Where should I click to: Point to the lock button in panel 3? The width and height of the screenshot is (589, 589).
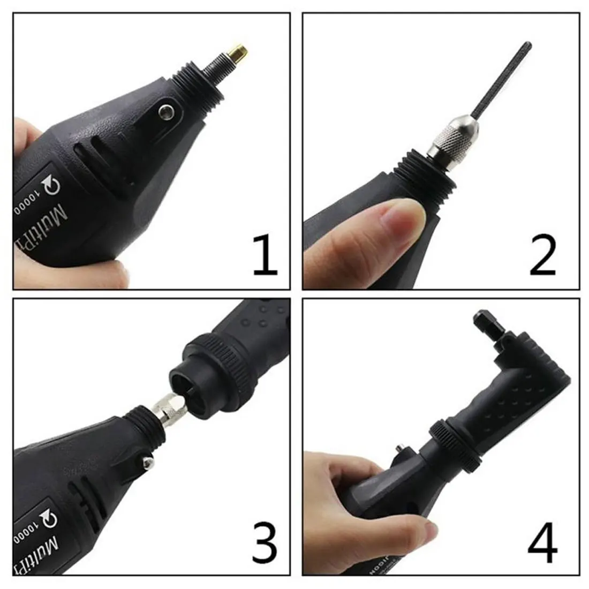[x=146, y=459]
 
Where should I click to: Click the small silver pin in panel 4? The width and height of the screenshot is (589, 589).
[x=398, y=447]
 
